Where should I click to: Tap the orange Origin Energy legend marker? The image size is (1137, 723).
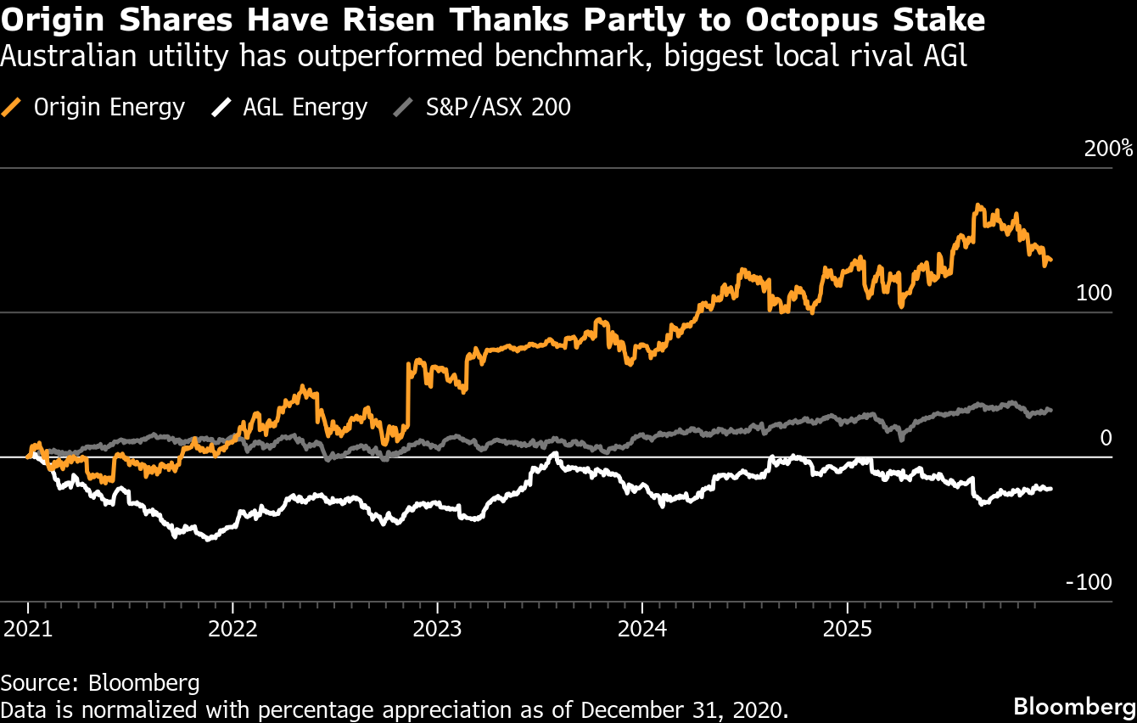point(13,108)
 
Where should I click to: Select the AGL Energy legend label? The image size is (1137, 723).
point(305,108)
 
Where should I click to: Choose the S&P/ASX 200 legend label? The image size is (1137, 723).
point(498,108)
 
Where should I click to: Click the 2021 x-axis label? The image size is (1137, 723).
point(27,631)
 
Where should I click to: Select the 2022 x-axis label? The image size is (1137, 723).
point(232,631)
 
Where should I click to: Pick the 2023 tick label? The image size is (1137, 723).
point(437,631)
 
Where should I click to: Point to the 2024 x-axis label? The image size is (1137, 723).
point(642,631)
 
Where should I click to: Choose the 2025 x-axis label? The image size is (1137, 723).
point(847,631)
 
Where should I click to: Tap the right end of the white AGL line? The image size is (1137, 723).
point(1051,488)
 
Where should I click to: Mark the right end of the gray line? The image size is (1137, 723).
point(1051,410)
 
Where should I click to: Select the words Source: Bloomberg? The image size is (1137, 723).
point(100,683)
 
